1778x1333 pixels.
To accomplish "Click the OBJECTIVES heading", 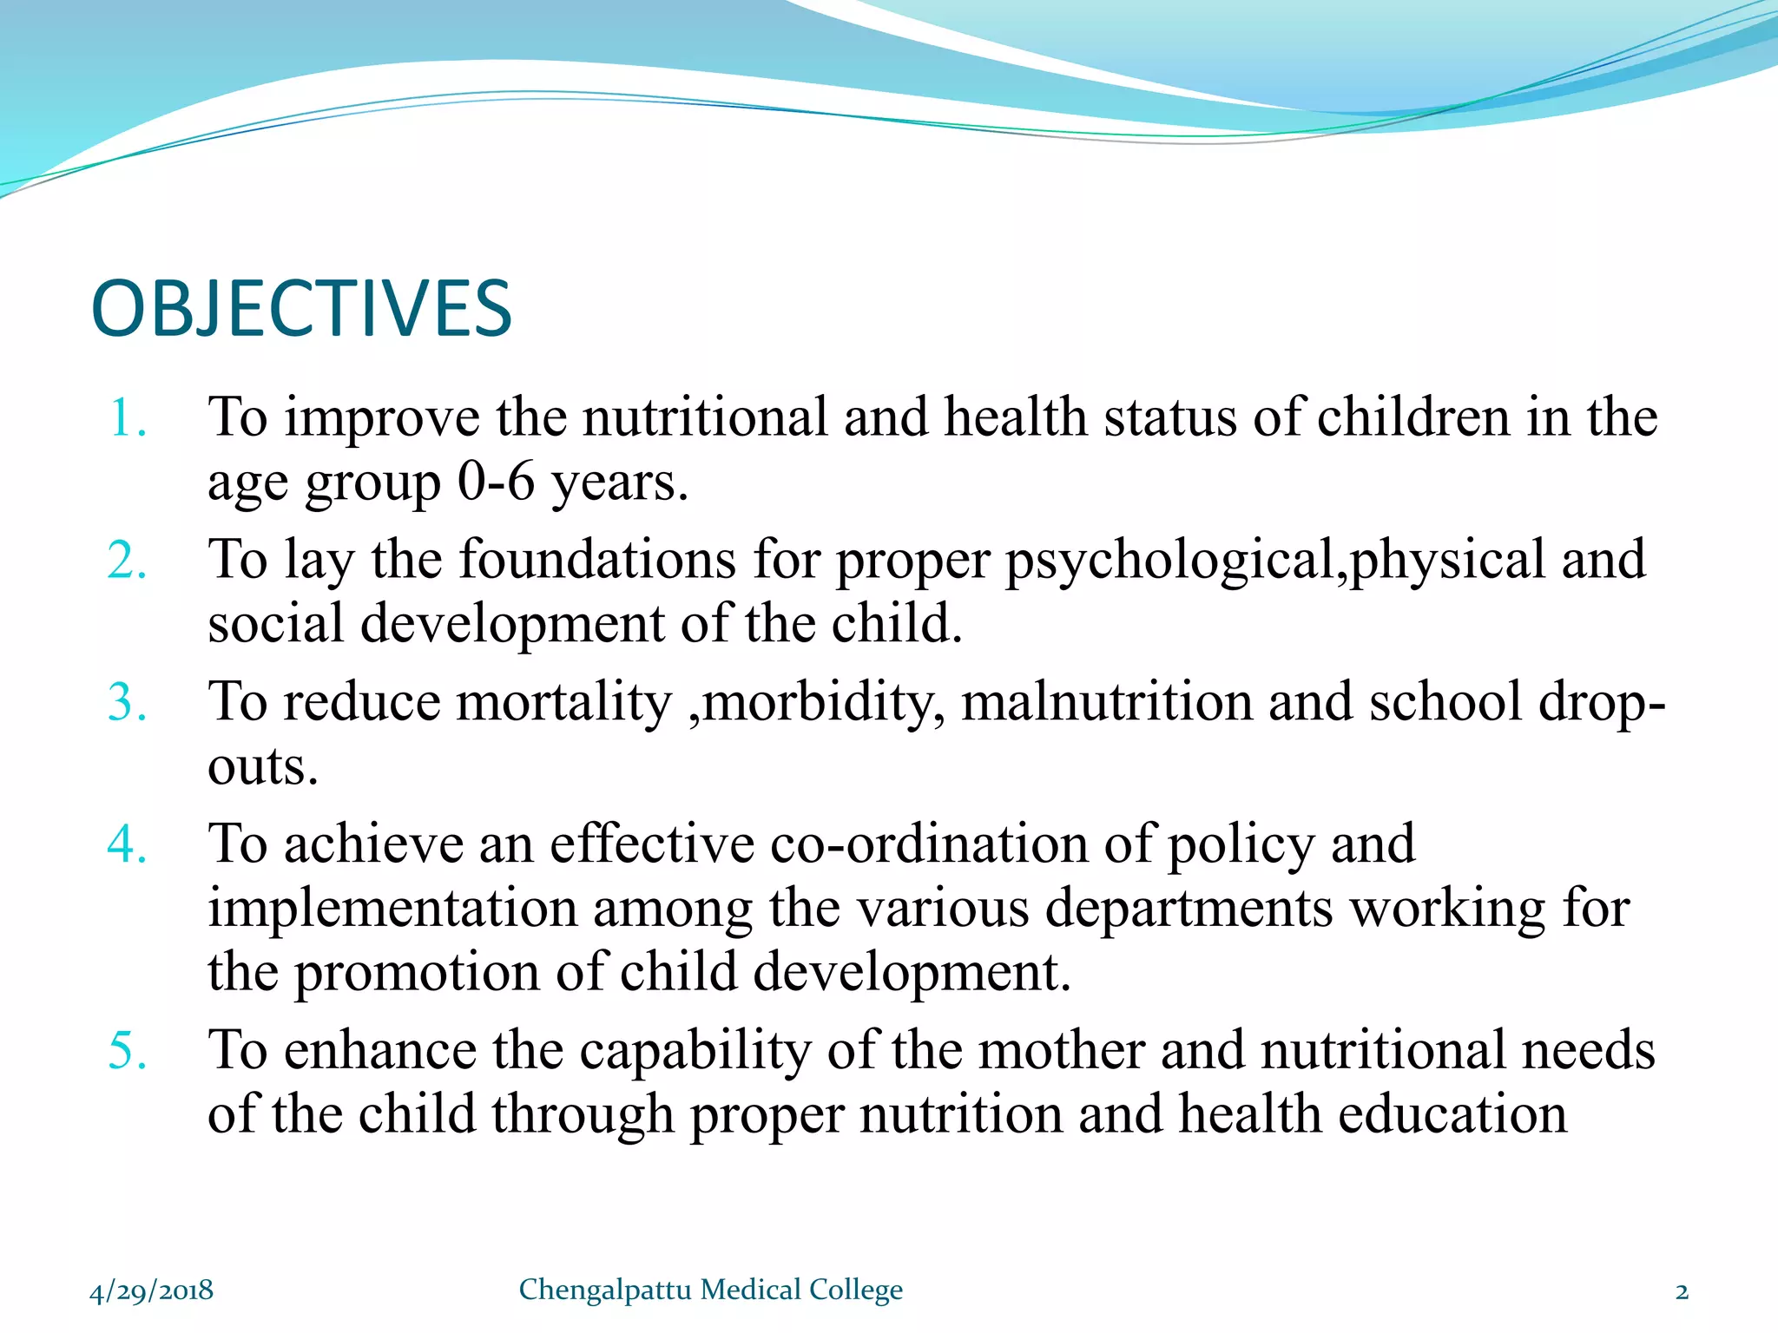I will click(x=301, y=309).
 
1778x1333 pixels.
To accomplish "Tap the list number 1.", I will click(x=127, y=418).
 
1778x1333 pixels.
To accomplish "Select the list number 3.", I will click(x=127, y=702).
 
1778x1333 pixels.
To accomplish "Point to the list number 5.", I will click(x=127, y=1050).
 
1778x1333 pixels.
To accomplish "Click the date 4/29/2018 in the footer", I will click(x=151, y=1290).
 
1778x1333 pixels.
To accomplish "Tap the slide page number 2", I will click(x=1682, y=1291).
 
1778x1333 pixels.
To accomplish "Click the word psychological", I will click(x=1169, y=561).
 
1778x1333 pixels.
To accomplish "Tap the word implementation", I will click(x=392, y=909).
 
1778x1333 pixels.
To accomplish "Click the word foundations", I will click(x=597, y=559).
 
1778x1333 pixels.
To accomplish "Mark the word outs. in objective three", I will click(x=262, y=767).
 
